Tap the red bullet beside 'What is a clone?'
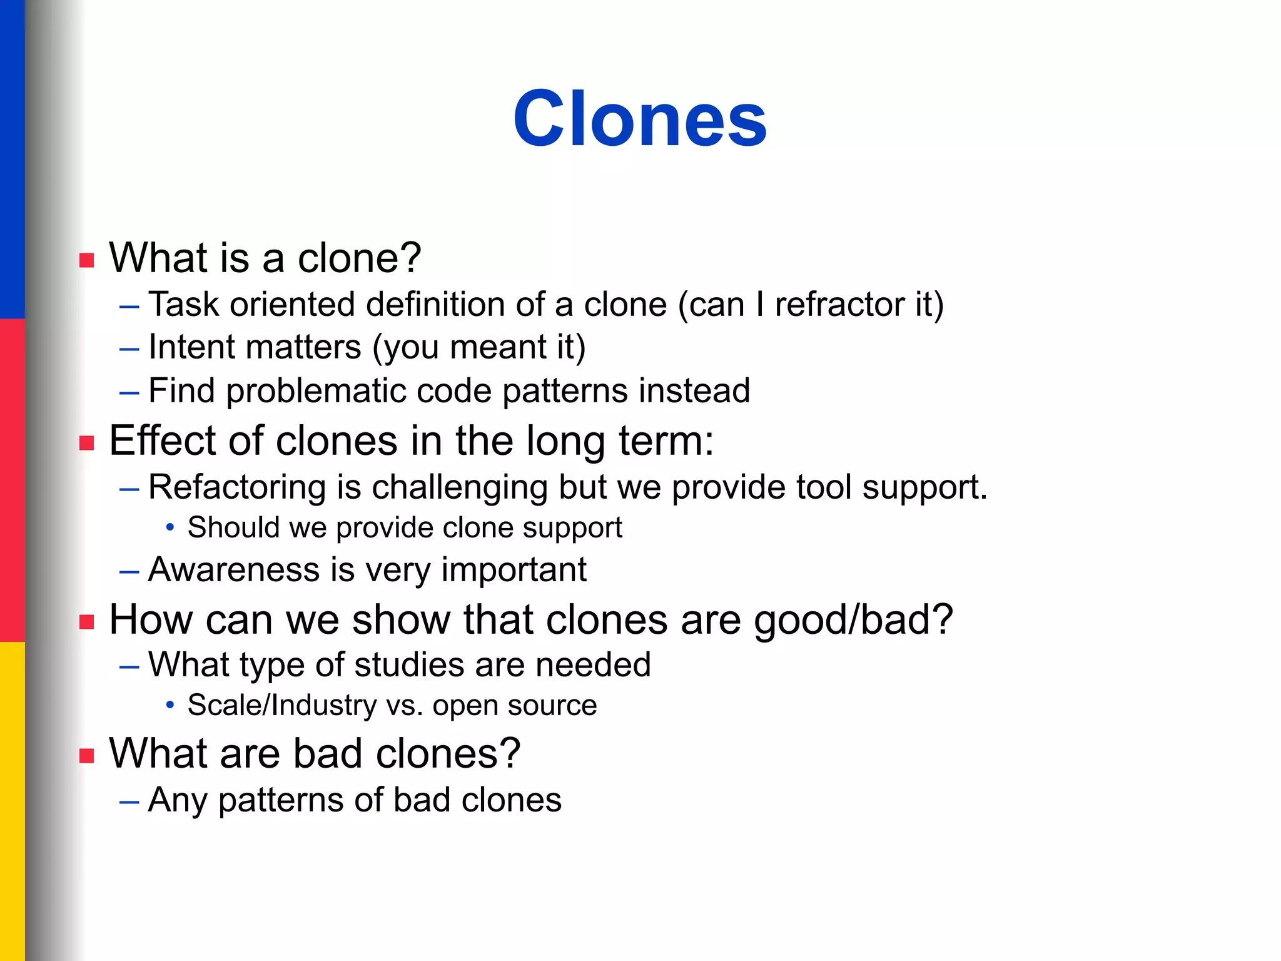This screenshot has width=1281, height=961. tap(87, 260)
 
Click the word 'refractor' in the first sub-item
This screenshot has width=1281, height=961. tap(840, 305)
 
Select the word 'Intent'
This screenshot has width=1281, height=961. tap(191, 347)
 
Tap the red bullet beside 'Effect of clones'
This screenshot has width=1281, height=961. tap(87, 444)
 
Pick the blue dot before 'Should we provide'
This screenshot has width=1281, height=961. tap(170, 528)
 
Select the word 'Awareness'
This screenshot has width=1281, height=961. tap(234, 570)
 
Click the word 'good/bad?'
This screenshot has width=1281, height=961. tap(853, 620)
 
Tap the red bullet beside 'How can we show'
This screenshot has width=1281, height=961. tap(87, 622)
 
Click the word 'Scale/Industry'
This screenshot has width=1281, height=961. tap(282, 706)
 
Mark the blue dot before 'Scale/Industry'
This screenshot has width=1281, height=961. tap(170, 706)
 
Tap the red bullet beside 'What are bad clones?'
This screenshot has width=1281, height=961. tap(87, 756)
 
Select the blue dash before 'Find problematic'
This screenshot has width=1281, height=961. tap(129, 392)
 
